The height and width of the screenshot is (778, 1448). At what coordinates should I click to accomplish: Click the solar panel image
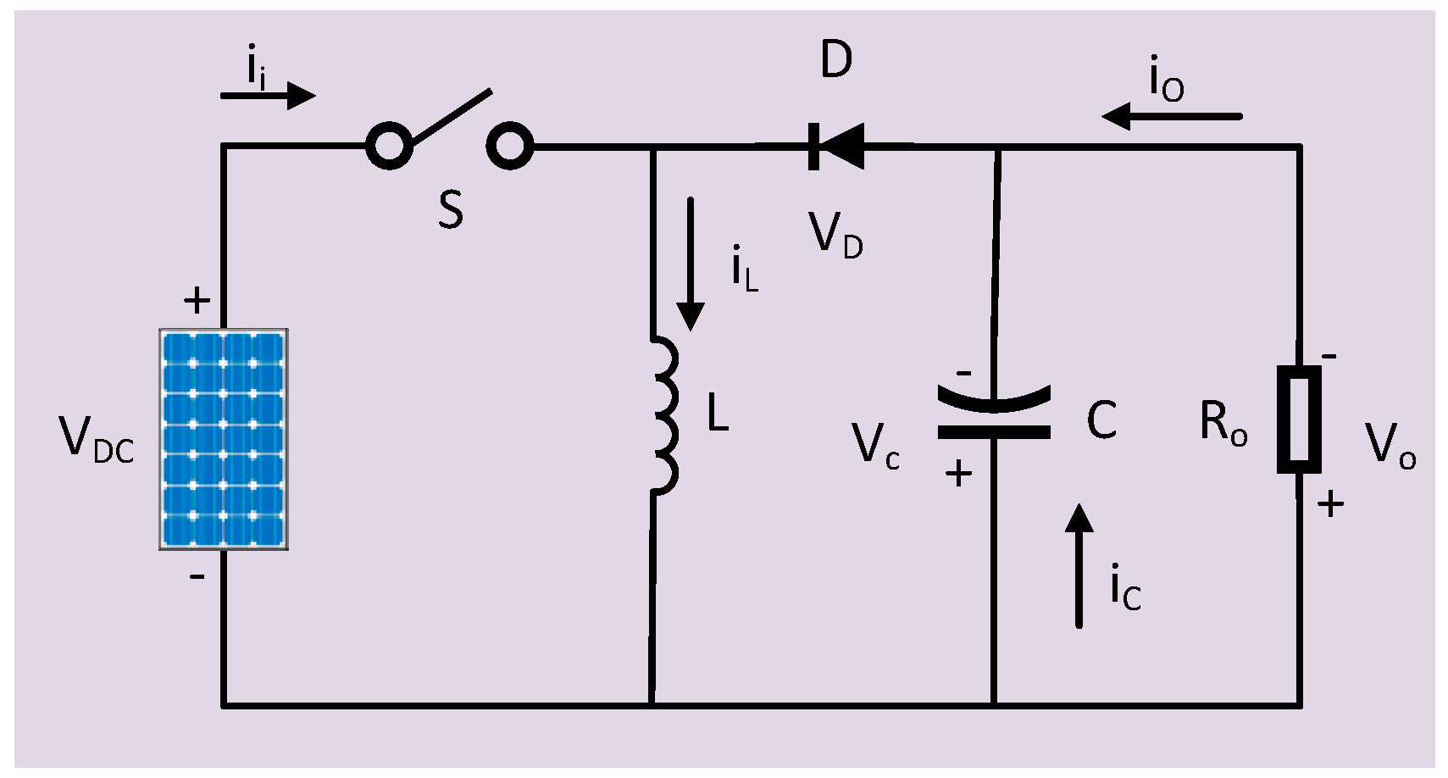click(x=224, y=439)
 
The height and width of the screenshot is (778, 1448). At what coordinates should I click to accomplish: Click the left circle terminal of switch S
click(x=389, y=146)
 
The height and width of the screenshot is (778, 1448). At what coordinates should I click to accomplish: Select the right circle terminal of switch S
click(x=510, y=146)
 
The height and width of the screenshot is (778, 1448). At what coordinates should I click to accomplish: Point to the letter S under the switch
click(x=451, y=209)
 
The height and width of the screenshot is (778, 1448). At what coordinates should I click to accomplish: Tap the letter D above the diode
click(x=836, y=60)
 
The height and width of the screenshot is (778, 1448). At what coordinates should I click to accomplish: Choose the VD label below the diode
click(x=835, y=236)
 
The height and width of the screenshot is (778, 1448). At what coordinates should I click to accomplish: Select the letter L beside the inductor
click(x=718, y=414)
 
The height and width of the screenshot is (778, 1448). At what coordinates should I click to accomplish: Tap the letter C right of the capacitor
click(x=1101, y=420)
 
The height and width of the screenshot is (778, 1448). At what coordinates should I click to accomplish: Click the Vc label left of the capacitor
click(x=875, y=446)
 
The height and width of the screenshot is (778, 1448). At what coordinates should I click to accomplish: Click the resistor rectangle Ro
click(x=1299, y=420)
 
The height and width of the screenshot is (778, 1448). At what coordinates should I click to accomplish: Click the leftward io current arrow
click(x=1172, y=116)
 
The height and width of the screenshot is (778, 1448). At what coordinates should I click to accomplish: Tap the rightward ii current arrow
click(x=268, y=95)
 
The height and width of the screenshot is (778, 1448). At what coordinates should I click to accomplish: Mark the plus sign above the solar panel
click(x=197, y=301)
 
